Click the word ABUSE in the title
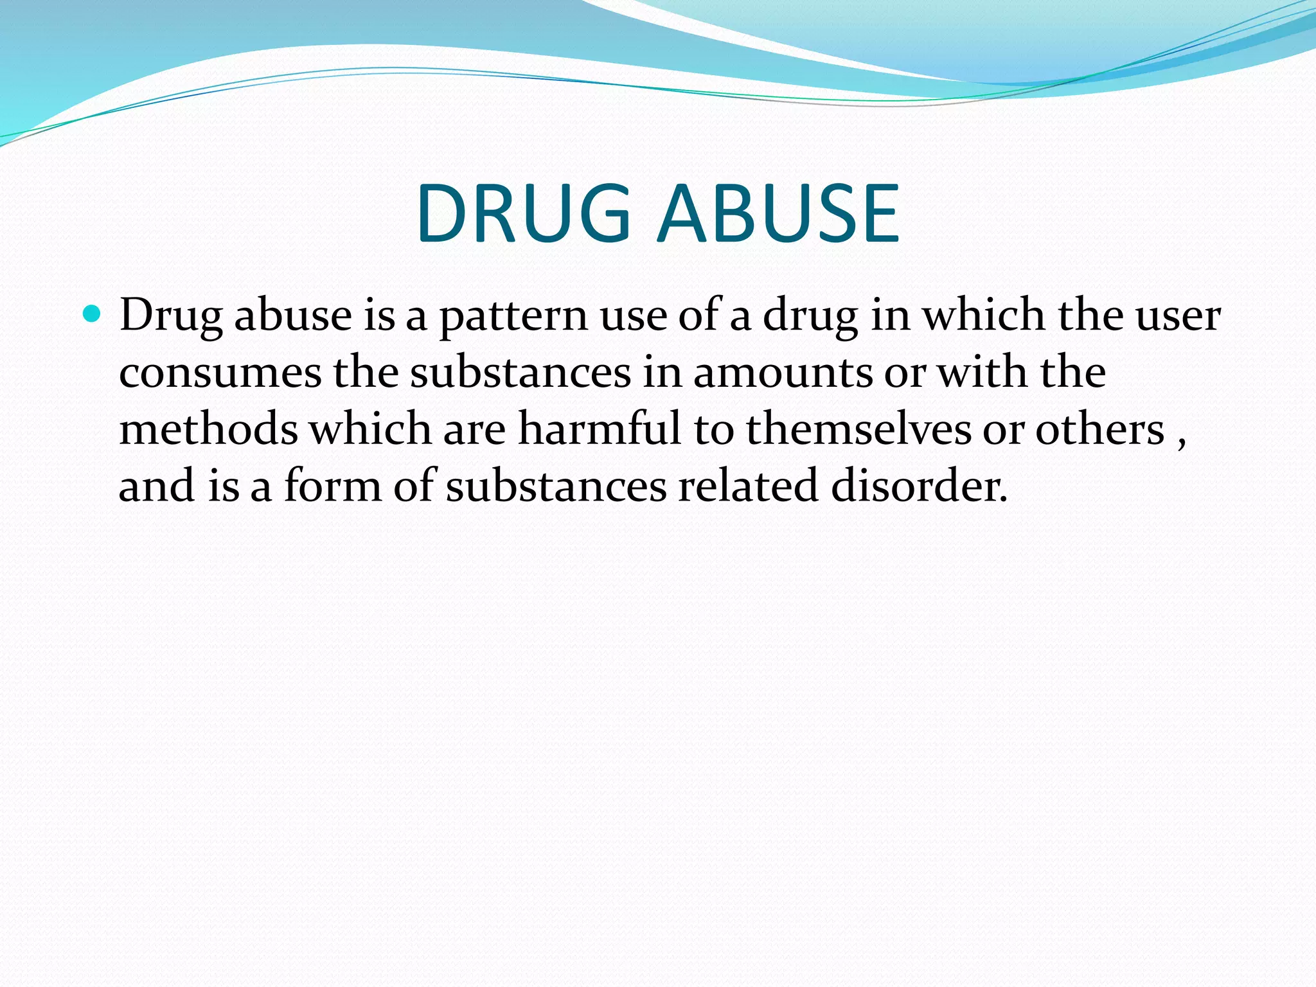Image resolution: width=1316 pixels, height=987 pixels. pos(779,213)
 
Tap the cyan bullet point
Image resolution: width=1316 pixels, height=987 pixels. pos(93,315)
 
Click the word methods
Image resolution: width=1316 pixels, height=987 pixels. pos(209,429)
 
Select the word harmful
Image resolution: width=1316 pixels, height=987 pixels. pos(599,429)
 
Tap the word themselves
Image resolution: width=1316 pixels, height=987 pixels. pos(858,429)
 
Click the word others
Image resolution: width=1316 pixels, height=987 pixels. pos(1099,429)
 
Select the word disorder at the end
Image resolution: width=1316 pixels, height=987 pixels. pos(919,486)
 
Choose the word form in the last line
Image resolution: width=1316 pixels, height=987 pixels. pos(333,486)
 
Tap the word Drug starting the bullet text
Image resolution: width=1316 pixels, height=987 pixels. pos(171,317)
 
